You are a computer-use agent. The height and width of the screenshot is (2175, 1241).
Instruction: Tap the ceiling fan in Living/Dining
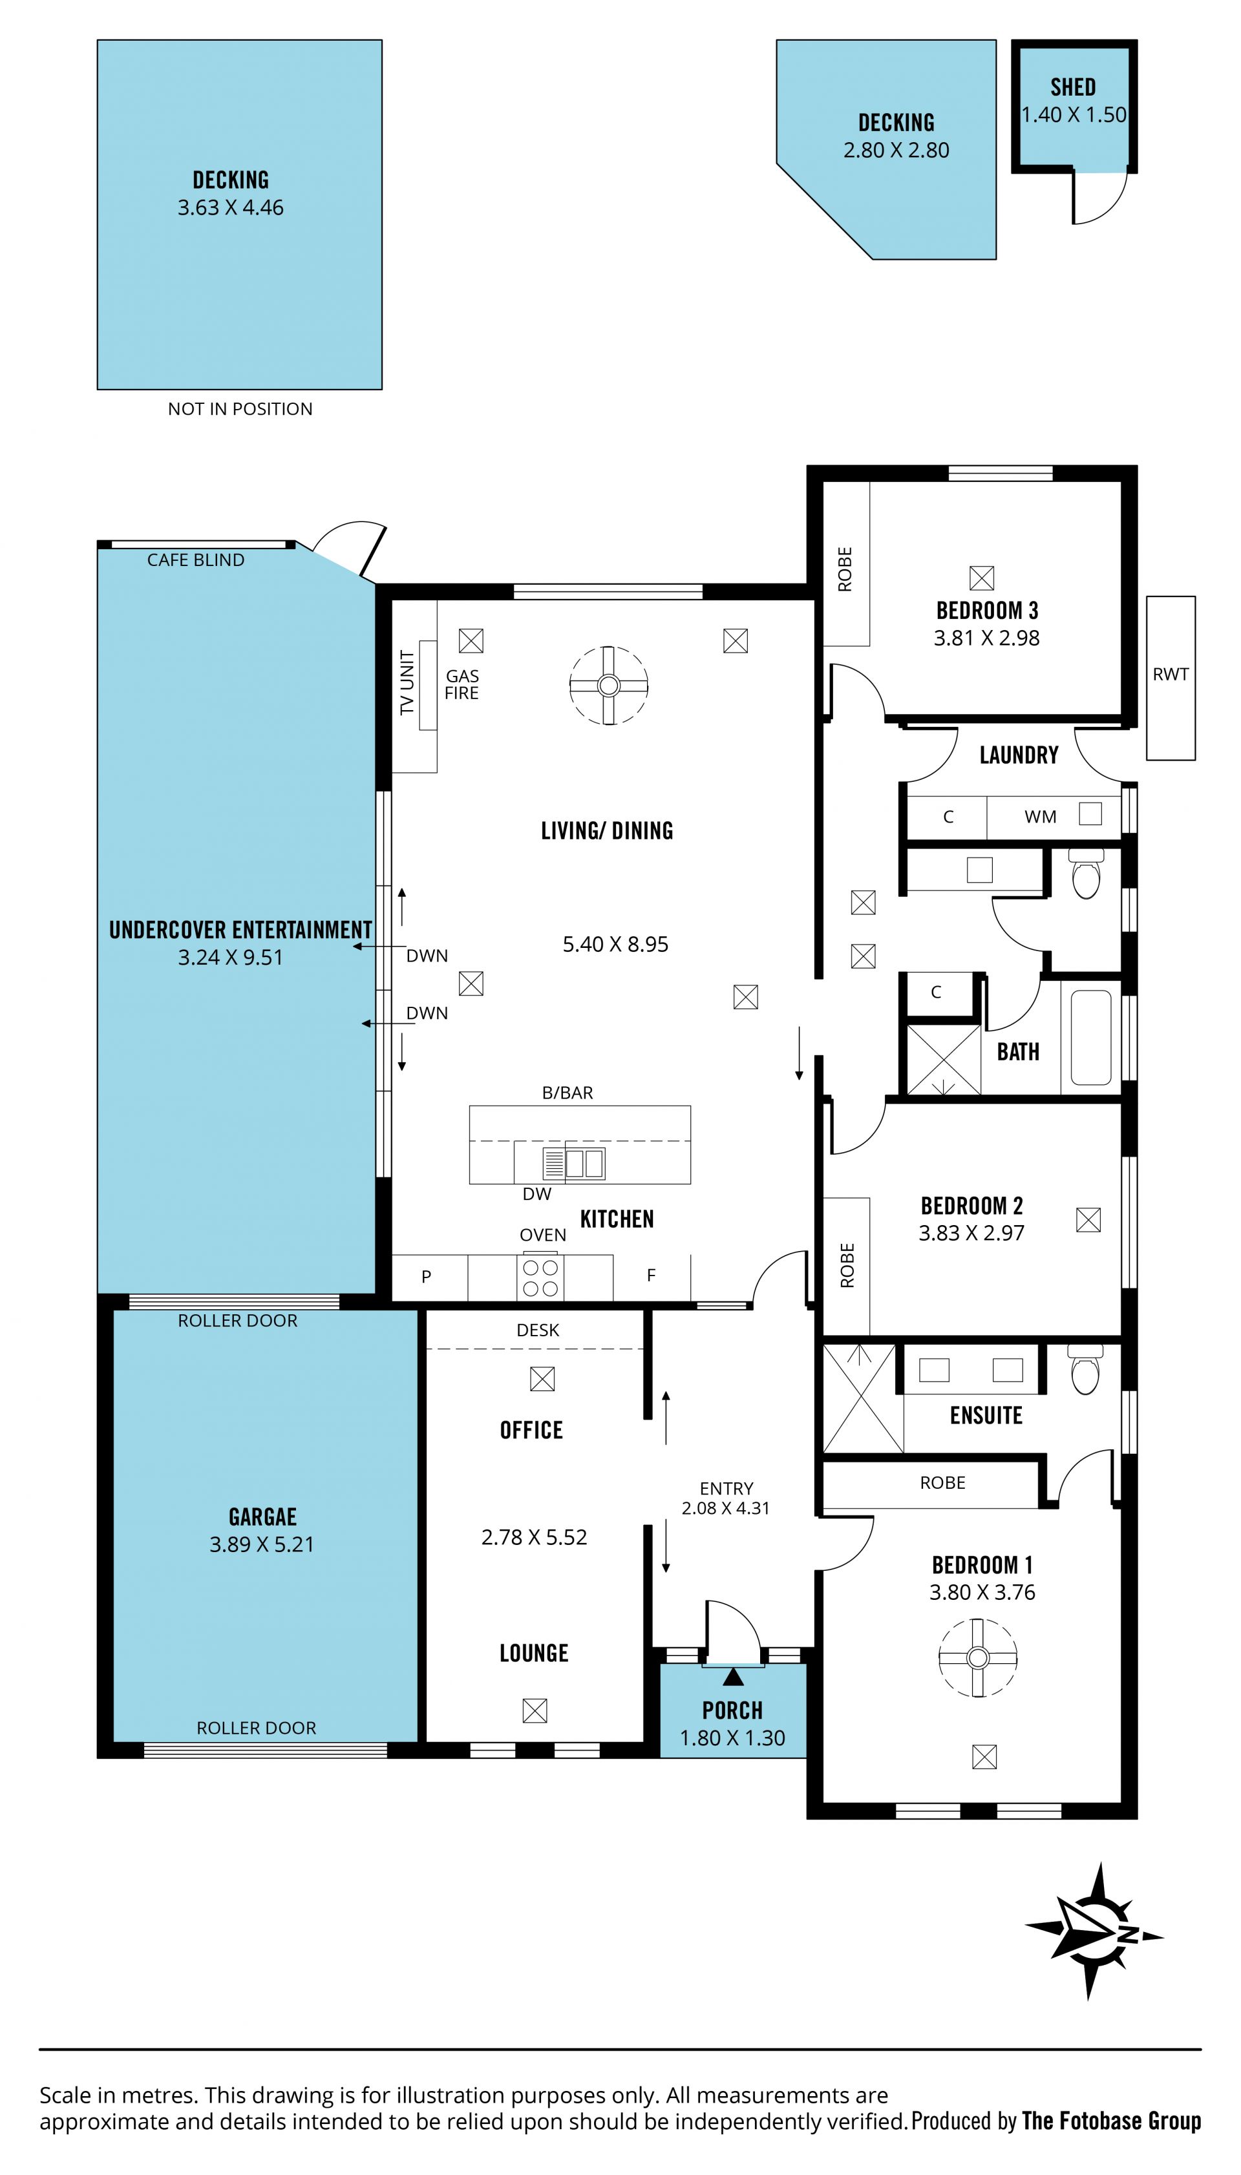[x=609, y=685]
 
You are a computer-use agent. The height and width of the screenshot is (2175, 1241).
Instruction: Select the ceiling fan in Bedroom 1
[x=978, y=1657]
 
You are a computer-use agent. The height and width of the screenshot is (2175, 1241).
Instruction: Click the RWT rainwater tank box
[x=1171, y=677]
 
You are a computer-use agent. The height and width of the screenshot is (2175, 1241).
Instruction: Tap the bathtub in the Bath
[x=1091, y=1037]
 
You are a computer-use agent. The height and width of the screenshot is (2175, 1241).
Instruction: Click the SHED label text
[x=1073, y=87]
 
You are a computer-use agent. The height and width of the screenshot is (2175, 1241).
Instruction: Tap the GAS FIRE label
[x=462, y=684]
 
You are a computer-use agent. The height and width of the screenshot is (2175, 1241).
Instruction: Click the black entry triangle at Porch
[x=733, y=1677]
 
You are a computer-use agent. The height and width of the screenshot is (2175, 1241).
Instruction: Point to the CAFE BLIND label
[x=195, y=560]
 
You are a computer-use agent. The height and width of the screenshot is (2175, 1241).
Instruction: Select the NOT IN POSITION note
[x=240, y=409]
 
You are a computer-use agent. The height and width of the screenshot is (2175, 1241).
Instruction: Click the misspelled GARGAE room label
[x=262, y=1517]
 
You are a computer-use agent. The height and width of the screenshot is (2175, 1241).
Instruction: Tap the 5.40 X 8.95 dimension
[x=615, y=944]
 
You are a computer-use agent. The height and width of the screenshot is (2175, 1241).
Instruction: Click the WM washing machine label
[x=1040, y=817]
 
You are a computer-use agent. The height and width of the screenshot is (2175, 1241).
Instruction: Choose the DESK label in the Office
[x=538, y=1330]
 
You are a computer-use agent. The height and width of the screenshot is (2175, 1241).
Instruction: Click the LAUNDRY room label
[x=1019, y=755]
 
